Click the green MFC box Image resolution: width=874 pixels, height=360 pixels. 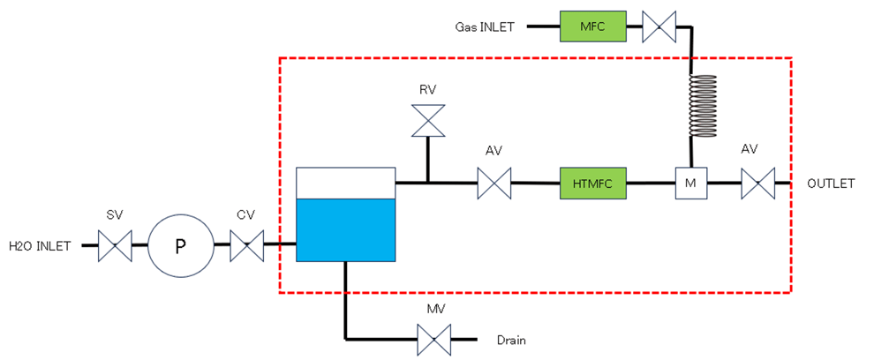[591, 26]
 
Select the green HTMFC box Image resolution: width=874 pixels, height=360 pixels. [591, 184]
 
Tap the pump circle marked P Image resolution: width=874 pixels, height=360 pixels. [180, 245]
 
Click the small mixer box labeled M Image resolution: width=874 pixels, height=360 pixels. [689, 184]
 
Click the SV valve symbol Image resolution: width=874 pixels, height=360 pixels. [115, 245]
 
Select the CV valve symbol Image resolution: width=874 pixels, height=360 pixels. [246, 245]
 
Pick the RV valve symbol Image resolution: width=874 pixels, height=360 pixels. [428, 121]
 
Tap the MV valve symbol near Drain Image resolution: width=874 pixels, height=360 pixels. [433, 338]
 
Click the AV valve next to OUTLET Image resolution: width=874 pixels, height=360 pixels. [757, 184]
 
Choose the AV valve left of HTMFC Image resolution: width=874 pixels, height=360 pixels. [494, 184]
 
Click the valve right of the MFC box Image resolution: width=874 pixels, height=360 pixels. [658, 26]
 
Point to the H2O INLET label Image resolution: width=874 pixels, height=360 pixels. [40, 245]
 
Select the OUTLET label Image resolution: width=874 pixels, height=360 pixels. [831, 184]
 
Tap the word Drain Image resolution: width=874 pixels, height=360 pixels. [511, 339]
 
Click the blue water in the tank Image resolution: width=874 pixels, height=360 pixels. [345, 229]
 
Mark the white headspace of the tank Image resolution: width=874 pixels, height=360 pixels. [345, 182]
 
